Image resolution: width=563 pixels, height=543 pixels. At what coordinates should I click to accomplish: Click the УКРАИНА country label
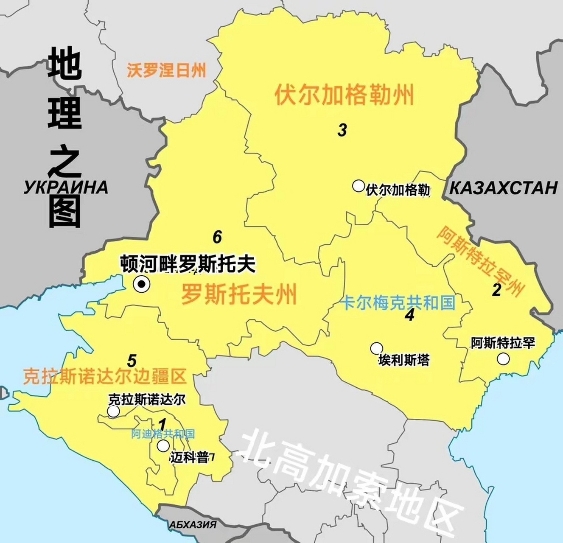click(x=66, y=188)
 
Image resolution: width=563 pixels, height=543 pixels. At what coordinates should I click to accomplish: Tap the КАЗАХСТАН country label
click(x=503, y=188)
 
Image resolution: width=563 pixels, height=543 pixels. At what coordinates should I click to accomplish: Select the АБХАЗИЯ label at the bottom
click(x=193, y=525)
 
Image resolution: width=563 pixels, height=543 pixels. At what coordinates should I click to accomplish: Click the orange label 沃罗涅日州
click(x=166, y=70)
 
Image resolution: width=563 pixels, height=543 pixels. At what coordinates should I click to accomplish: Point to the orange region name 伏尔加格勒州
click(x=344, y=95)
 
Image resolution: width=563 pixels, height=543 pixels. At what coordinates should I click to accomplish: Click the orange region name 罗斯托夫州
click(x=239, y=294)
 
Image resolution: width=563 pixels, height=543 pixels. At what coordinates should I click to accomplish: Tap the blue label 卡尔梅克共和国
click(x=398, y=302)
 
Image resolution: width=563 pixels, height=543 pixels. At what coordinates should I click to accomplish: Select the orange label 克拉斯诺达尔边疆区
click(x=105, y=376)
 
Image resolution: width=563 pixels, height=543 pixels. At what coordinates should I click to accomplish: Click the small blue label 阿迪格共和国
click(x=163, y=434)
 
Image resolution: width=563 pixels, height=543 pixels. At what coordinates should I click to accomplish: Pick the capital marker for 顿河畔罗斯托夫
click(x=141, y=284)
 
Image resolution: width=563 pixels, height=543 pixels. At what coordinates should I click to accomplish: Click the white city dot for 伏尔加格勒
click(x=359, y=185)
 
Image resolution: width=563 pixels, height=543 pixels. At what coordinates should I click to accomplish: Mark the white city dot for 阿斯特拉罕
click(x=503, y=359)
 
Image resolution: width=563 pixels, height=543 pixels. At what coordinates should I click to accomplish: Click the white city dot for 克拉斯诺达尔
click(x=113, y=411)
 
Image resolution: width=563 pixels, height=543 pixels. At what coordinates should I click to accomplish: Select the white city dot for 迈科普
click(x=163, y=446)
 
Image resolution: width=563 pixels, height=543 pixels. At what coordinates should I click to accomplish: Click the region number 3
click(x=342, y=130)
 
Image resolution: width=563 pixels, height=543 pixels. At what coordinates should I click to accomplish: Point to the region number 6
click(x=217, y=237)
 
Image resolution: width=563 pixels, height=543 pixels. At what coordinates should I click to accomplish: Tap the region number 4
click(x=409, y=315)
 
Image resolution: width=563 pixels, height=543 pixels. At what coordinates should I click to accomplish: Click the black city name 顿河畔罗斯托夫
click(x=188, y=264)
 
